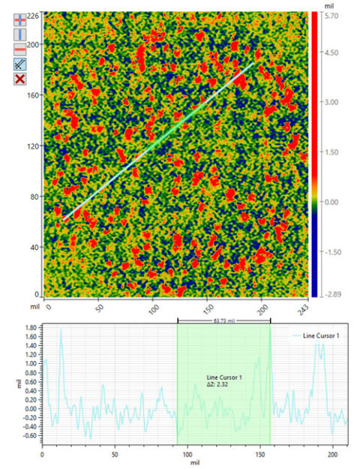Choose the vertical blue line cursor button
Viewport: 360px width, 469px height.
(x=21, y=35)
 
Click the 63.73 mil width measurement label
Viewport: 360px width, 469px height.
(x=223, y=319)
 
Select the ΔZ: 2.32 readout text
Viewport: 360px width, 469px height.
(x=223, y=383)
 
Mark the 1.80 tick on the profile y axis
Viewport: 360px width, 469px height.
(x=29, y=328)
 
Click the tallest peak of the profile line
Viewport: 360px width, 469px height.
(x=61, y=329)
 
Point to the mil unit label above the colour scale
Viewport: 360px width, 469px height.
(x=328, y=5)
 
